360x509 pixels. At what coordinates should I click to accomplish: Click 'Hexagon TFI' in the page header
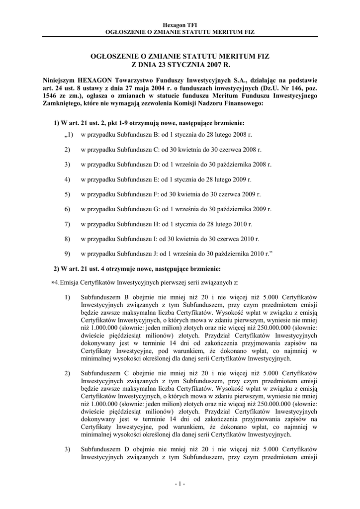[x=180, y=24]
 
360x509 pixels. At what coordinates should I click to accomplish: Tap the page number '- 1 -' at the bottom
[x=180, y=484]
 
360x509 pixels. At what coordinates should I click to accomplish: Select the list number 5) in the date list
[x=67, y=194]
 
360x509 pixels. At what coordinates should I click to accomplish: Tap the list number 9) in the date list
[x=67, y=254]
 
